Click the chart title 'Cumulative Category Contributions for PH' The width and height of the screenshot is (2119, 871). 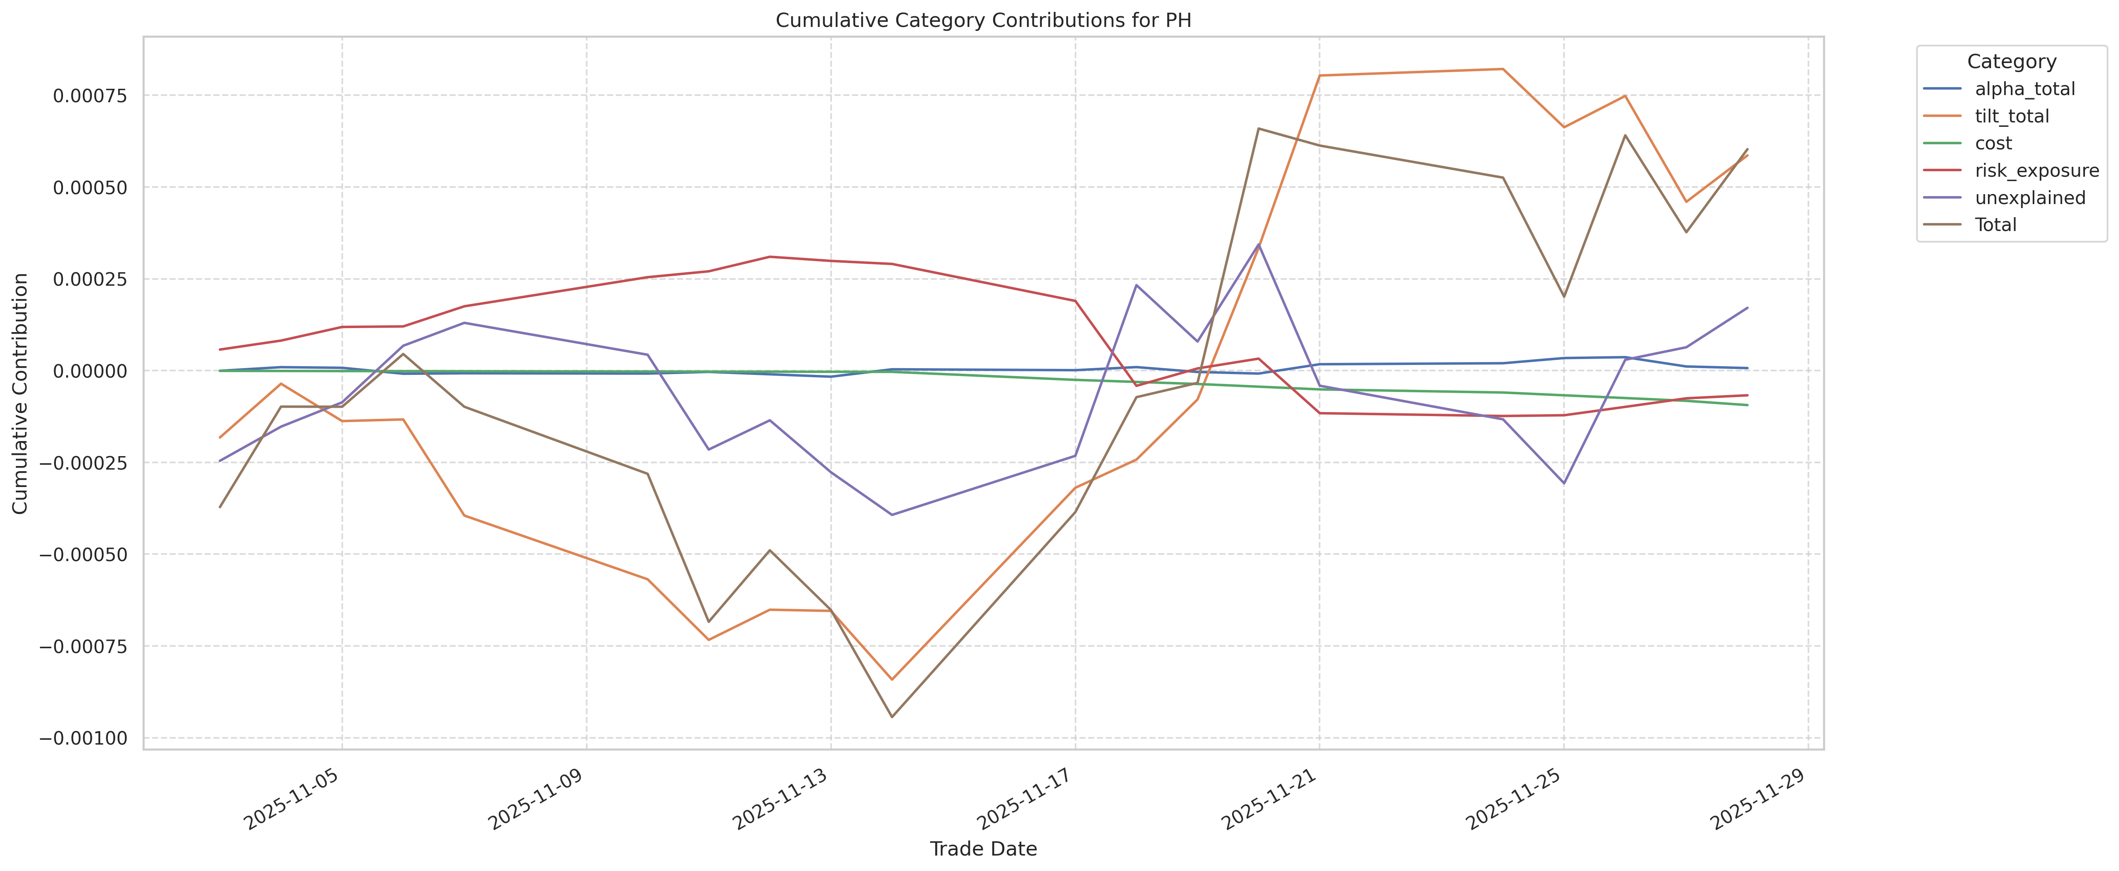click(983, 20)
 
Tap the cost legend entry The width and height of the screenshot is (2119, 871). click(1993, 143)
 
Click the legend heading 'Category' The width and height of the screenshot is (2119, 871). click(2011, 62)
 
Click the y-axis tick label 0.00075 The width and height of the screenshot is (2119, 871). click(90, 96)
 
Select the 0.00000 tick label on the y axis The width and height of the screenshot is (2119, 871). click(90, 371)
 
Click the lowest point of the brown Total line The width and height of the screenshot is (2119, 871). click(892, 716)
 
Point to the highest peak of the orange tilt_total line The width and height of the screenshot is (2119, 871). click(1503, 69)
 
